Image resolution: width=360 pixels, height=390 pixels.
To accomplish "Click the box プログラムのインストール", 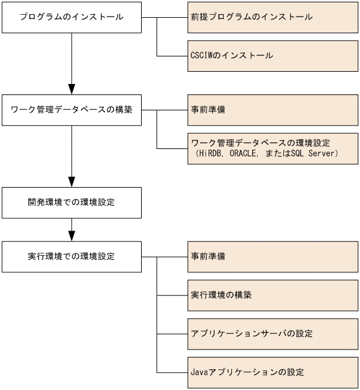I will coord(72,17).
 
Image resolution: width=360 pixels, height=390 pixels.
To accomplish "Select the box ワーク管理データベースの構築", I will coord(72,110).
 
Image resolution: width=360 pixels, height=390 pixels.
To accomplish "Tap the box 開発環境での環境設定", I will coord(72,203).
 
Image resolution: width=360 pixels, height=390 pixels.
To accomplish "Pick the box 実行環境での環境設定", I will coord(72,256).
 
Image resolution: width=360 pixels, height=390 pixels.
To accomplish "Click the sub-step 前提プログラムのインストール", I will coord(273,17).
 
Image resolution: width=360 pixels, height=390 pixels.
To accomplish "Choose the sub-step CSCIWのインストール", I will coord(273,56).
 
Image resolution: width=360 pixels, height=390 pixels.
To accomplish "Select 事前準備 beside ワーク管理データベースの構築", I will coord(273,110).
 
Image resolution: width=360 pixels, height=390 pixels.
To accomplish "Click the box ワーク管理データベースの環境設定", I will coord(273,148).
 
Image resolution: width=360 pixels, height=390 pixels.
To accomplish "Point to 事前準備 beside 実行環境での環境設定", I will coord(273,256).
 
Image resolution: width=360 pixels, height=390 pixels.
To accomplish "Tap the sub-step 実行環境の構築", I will coord(273,295).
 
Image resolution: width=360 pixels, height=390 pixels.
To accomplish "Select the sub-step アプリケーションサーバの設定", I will coord(273,334).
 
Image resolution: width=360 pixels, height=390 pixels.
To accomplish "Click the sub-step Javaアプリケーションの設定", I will coord(273,372).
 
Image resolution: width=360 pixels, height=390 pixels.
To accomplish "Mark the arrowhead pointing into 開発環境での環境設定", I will coord(72,181).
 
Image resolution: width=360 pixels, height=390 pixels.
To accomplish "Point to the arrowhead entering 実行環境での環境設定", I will coord(72,235).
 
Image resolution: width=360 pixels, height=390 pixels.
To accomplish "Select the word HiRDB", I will coord(209,153).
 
